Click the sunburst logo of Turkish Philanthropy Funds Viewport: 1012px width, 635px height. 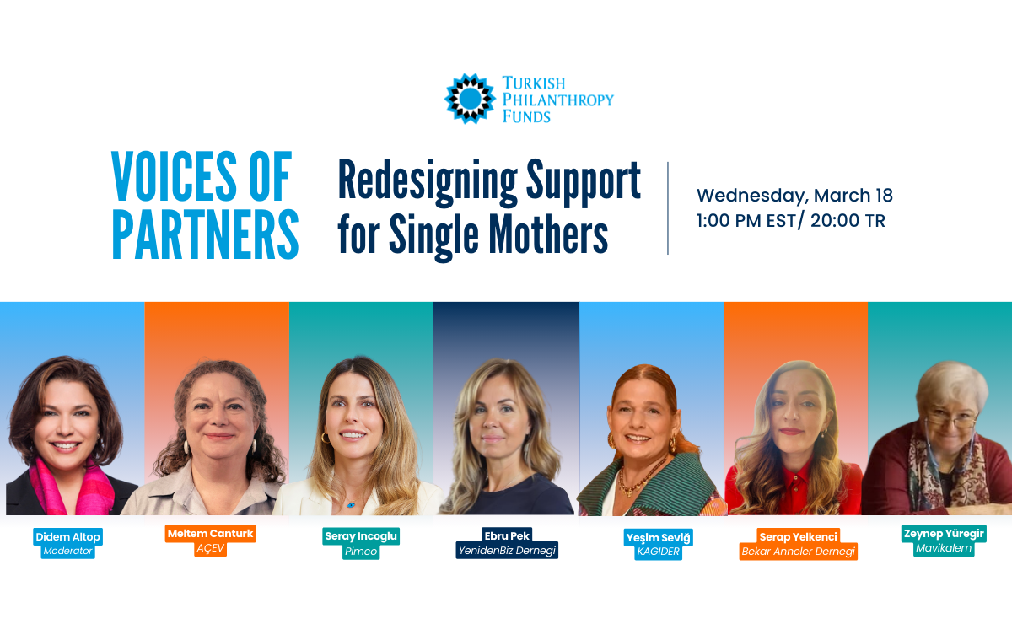[x=470, y=99]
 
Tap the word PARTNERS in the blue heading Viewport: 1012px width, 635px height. [x=205, y=234]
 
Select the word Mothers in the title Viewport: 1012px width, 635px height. [x=548, y=234]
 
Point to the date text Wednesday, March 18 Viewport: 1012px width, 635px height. [x=794, y=196]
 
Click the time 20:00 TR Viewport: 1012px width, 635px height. [x=848, y=221]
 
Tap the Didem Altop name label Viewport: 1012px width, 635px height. [x=67, y=536]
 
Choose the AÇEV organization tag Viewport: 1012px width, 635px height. [x=211, y=548]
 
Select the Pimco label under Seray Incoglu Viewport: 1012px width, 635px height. [x=361, y=552]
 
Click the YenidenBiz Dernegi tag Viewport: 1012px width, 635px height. [x=507, y=551]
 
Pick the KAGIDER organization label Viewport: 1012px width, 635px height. [x=659, y=552]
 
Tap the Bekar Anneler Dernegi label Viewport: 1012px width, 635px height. [x=799, y=552]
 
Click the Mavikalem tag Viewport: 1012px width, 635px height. [x=944, y=548]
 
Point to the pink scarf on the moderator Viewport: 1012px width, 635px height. [x=73, y=488]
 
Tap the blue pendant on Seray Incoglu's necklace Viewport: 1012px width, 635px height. [x=351, y=504]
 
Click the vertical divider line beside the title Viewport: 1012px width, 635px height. [x=668, y=208]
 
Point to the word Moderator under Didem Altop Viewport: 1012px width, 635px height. [x=67, y=551]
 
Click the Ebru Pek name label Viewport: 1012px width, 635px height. [x=507, y=535]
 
